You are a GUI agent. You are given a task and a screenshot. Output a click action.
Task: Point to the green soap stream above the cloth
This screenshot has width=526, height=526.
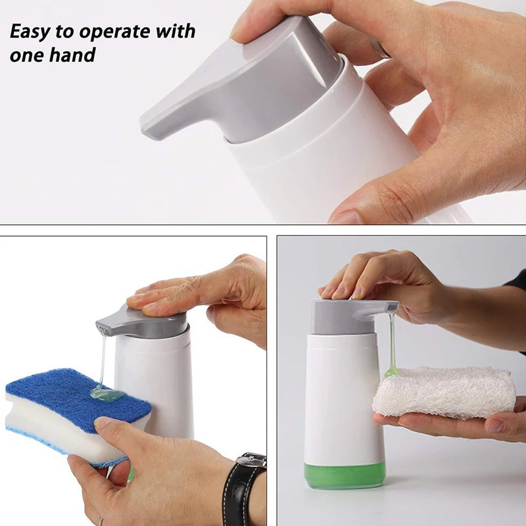(x=393, y=342)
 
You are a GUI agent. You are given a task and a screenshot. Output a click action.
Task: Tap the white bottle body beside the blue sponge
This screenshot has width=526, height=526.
(x=164, y=381)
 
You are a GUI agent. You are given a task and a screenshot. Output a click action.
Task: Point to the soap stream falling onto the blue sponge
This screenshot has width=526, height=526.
(x=103, y=362)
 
